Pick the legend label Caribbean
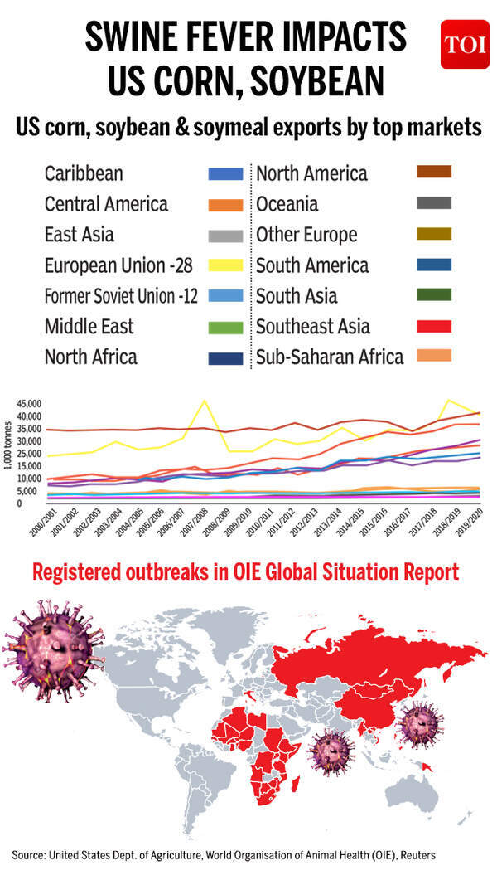click(x=84, y=174)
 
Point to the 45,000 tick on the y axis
click(x=28, y=403)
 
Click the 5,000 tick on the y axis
click(x=31, y=491)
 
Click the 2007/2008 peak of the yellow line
click(x=205, y=401)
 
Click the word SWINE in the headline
click(x=143, y=37)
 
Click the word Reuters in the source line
click(x=413, y=854)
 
